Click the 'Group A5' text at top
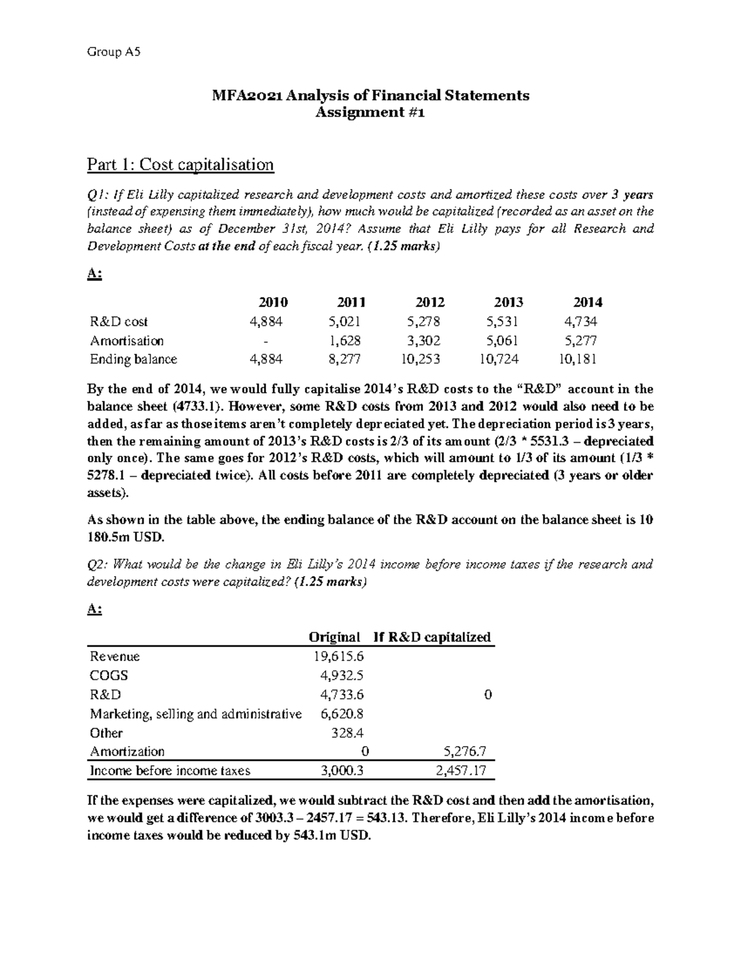tap(114, 52)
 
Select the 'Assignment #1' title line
tap(371, 112)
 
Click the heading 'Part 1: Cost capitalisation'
tap(180, 165)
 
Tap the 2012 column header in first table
tap(430, 302)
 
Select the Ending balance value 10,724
tap(501, 359)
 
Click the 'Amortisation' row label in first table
tap(127, 341)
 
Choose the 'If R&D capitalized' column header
tap(432, 637)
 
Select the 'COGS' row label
tap(109, 676)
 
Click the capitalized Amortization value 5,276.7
tap(465, 752)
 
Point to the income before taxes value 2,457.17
tap(461, 771)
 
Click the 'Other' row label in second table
tap(106, 733)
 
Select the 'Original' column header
tap(334, 637)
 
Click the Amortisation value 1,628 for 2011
tap(345, 341)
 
